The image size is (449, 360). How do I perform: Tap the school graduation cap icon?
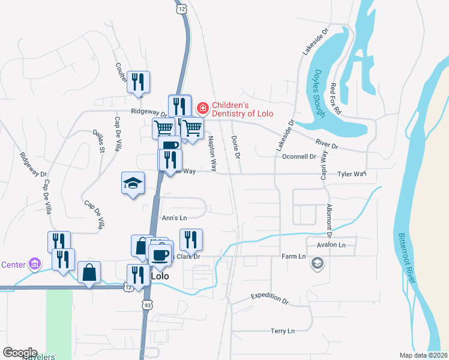tap(133, 183)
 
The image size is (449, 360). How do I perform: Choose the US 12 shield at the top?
tap(181, 9)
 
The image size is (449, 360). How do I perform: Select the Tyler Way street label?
tap(351, 174)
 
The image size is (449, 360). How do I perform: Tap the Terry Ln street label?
tap(282, 331)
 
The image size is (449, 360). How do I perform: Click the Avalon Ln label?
tap(334, 245)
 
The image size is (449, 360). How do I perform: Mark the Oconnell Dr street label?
tap(298, 157)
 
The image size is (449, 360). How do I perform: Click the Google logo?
tap(20, 353)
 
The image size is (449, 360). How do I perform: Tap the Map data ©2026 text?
tap(423, 355)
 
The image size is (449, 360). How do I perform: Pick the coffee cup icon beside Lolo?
tap(160, 254)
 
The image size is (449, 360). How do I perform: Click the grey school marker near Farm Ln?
tap(318, 263)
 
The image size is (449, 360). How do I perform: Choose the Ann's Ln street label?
tap(175, 218)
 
